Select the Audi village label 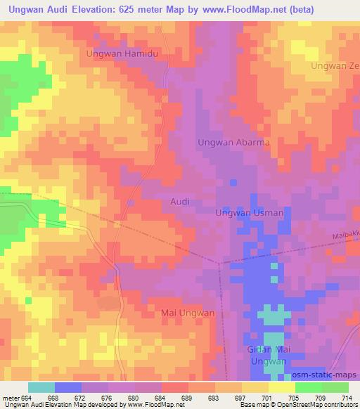180,201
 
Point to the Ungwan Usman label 249,213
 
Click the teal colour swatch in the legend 41,387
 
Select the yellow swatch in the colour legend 282,387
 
